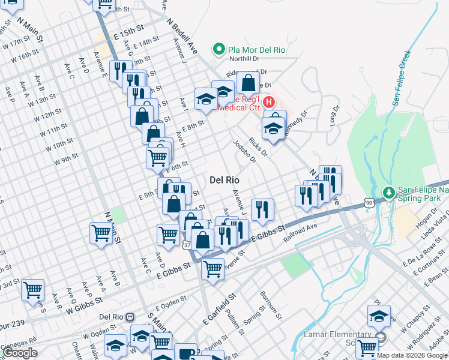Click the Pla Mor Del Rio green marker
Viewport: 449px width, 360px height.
(x=220, y=49)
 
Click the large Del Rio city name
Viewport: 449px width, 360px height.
(x=224, y=179)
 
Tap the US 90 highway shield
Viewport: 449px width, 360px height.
(x=369, y=203)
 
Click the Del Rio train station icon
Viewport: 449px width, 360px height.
(x=131, y=317)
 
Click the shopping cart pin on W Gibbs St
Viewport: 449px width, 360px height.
(x=32, y=290)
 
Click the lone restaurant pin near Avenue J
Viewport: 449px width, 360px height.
(x=262, y=209)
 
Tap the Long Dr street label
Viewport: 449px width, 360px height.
(x=333, y=115)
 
